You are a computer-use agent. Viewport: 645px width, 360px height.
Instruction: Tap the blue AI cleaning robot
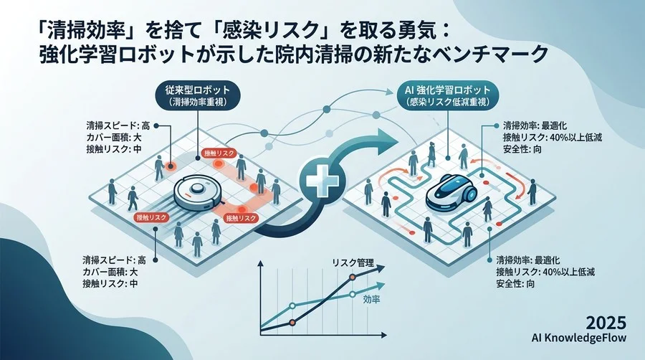[451, 191]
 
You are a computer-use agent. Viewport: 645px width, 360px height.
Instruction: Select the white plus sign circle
[322, 181]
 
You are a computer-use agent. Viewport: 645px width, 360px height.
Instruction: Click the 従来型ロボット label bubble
[198, 95]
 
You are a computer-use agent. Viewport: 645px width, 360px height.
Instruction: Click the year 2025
[606, 323]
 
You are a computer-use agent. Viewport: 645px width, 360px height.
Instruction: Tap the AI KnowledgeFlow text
[579, 338]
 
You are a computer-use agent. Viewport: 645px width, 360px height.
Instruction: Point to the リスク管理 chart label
[353, 263]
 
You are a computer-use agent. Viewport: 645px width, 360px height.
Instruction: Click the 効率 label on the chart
[371, 299]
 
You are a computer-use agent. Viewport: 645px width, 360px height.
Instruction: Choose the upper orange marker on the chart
[352, 278]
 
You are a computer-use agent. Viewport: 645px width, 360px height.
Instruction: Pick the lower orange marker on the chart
[292, 323]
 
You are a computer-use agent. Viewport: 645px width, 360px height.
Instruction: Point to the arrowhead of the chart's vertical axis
[260, 264]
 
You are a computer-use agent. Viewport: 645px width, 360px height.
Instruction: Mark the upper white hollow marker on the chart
[352, 294]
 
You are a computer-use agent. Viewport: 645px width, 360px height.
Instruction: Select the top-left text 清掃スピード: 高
[118, 125]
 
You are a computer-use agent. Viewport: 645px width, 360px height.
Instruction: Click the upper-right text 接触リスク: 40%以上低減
[552, 138]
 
